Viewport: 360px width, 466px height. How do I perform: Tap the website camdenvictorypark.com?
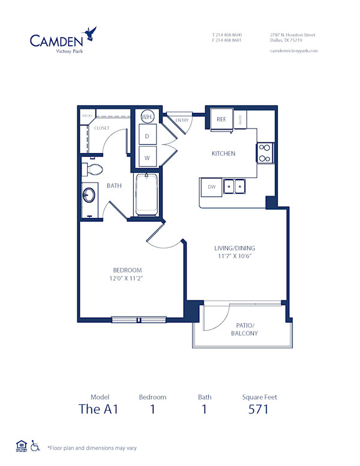[293, 51]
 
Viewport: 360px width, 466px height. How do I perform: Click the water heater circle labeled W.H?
[148, 116]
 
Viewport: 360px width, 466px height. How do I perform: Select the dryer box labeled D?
[147, 136]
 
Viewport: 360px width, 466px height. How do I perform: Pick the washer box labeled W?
[147, 157]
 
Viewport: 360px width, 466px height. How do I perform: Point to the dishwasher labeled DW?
[211, 187]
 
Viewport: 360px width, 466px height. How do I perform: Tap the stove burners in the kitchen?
[265, 153]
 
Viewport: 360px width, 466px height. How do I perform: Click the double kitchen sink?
[235, 187]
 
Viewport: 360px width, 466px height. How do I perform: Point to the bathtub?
[146, 194]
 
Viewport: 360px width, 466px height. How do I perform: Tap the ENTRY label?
[182, 120]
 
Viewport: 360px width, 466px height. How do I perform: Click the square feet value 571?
[259, 410]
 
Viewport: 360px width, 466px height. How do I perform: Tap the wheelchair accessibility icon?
[35, 446]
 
